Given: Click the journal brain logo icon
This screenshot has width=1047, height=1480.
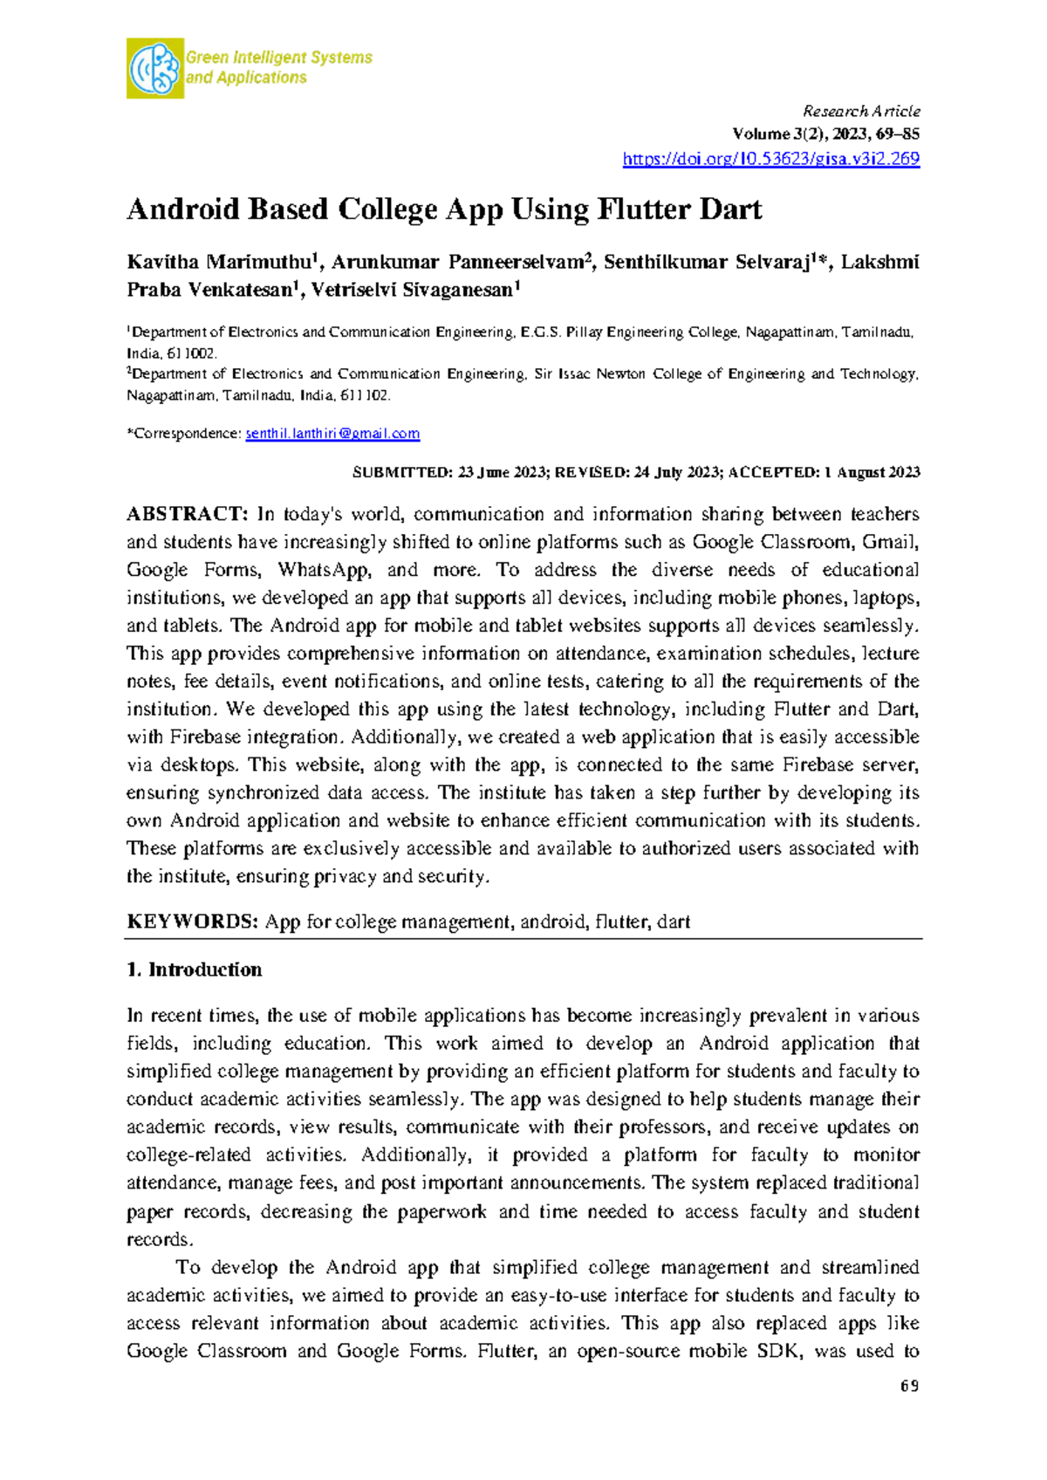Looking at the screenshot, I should (155, 68).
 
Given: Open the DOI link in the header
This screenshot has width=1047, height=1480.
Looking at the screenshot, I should (770, 159).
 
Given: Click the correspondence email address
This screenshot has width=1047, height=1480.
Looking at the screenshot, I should (332, 434).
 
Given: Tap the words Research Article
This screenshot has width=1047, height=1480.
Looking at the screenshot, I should (860, 111).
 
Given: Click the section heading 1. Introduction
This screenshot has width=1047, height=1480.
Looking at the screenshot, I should (194, 970).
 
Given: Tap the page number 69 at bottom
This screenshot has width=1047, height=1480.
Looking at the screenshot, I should (910, 1387).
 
